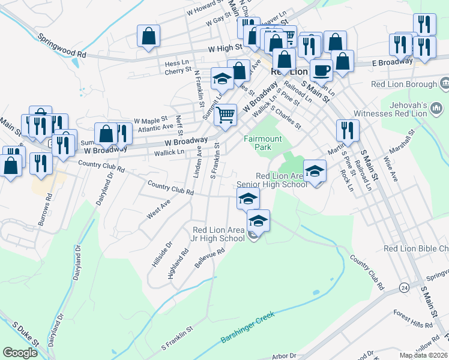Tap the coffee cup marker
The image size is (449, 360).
click(321, 70)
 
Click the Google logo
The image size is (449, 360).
click(20, 353)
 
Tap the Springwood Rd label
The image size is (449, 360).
click(62, 45)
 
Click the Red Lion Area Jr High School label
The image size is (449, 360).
click(218, 234)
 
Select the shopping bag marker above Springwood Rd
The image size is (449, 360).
click(148, 36)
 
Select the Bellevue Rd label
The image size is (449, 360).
click(209, 259)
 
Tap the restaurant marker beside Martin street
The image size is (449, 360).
click(347, 131)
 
